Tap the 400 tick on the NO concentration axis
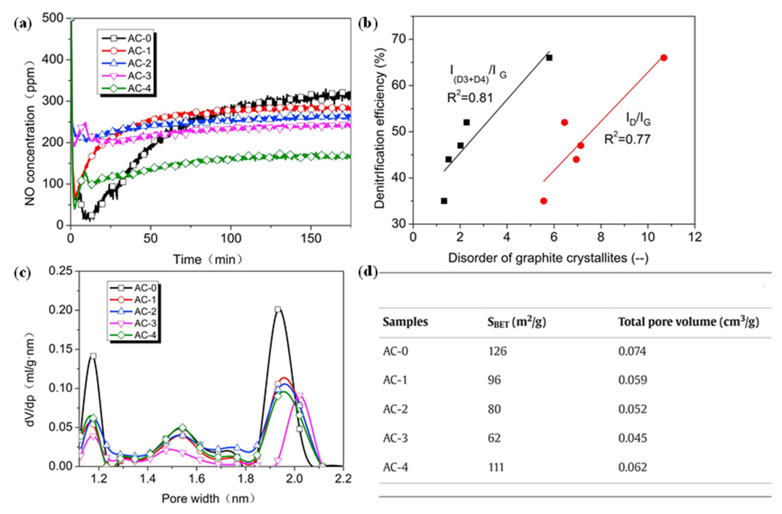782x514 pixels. pos(53,60)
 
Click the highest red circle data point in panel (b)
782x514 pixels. pos(664,58)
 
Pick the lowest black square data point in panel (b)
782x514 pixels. pos(444,201)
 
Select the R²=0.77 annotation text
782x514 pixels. pos(627,139)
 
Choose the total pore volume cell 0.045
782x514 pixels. pos(632,438)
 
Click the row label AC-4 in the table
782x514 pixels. pos(395,467)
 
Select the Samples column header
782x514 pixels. pos(405,322)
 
